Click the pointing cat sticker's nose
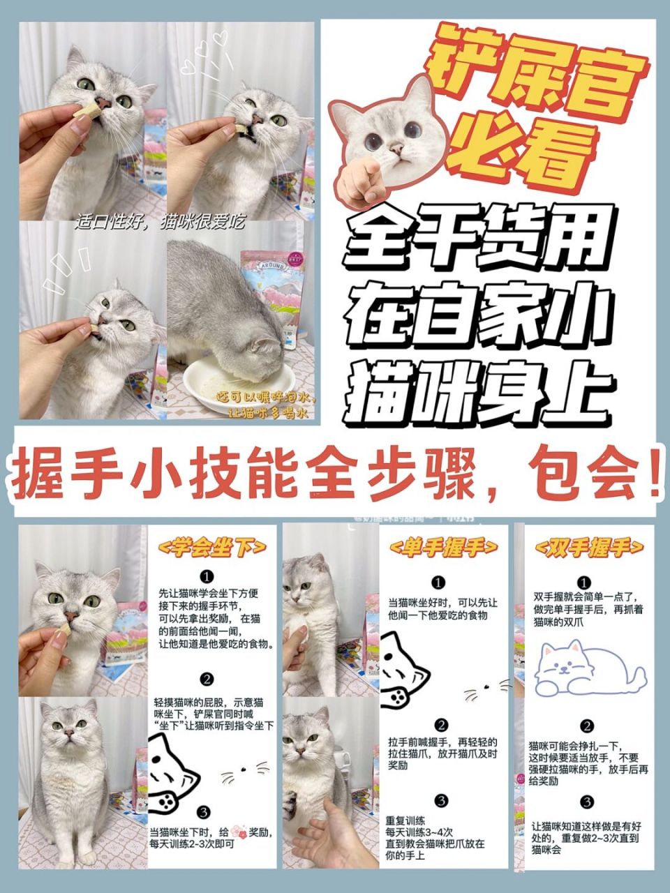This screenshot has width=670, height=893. (x=396, y=149)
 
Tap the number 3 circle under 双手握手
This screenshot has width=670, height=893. (x=587, y=802)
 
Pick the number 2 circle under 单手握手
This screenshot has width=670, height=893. (x=440, y=725)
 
